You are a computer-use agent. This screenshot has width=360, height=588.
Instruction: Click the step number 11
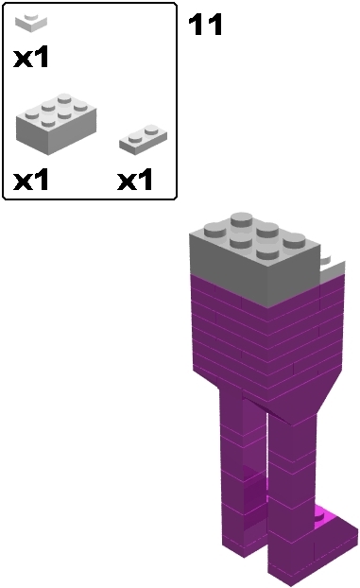[x=206, y=25]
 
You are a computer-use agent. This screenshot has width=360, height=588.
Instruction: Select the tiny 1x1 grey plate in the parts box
[x=34, y=21]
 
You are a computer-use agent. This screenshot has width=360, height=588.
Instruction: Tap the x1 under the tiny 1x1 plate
[x=30, y=58]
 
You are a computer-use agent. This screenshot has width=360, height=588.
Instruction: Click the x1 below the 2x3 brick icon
[x=30, y=180]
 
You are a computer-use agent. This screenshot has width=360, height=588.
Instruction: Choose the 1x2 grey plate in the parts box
[x=143, y=139]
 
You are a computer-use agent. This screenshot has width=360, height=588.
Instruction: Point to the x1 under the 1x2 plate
[x=134, y=180]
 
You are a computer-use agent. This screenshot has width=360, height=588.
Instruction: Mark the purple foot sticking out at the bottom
[x=331, y=539]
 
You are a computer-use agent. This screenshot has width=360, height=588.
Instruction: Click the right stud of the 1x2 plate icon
[x=150, y=130]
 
